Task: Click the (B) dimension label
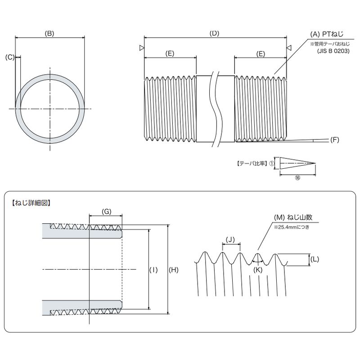pyautogui.click(x=49, y=33)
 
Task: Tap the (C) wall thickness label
pyautogui.click(x=10, y=57)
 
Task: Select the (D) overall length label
pyautogui.click(x=215, y=33)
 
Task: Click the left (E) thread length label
pyautogui.click(x=170, y=54)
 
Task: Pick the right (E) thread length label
pyautogui.click(x=261, y=54)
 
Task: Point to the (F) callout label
pyautogui.click(x=334, y=140)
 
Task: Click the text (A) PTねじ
pyautogui.click(x=327, y=35)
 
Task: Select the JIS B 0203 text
pyautogui.click(x=333, y=51)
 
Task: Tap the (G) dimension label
pyautogui.click(x=106, y=211)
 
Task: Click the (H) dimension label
pyautogui.click(x=173, y=270)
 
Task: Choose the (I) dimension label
pyautogui.click(x=153, y=270)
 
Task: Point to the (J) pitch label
pyautogui.click(x=230, y=240)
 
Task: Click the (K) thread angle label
pyautogui.click(x=257, y=270)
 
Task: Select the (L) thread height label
pyautogui.click(x=315, y=260)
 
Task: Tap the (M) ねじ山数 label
pyautogui.click(x=293, y=217)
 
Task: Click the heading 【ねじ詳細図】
pyautogui.click(x=31, y=203)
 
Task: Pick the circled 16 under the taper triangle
pyautogui.click(x=297, y=178)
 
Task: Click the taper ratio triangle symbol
pyautogui.click(x=297, y=163)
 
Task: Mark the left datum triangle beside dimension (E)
pyautogui.click(x=142, y=48)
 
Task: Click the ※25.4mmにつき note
pyautogui.click(x=291, y=227)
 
